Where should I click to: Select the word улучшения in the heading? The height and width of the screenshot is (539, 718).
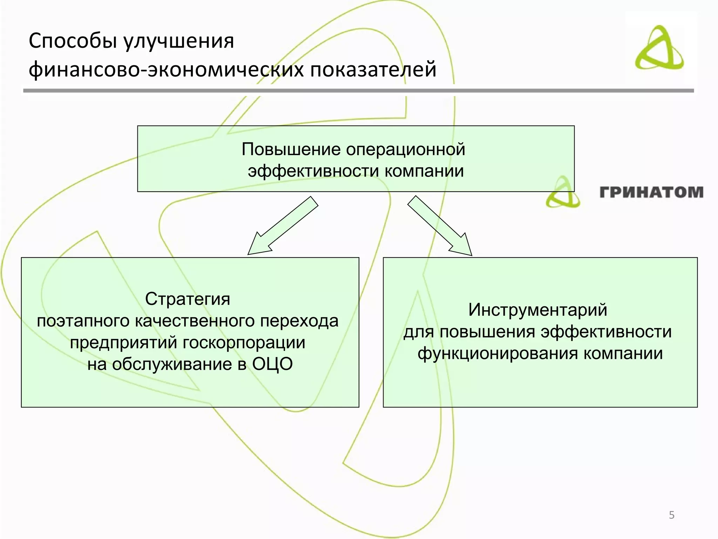click(178, 41)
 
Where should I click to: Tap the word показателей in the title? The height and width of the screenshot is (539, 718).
click(373, 69)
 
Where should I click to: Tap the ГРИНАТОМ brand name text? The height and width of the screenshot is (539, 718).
click(651, 192)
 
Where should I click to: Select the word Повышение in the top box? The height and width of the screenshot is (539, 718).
click(291, 149)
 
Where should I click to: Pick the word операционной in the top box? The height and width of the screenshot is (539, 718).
click(406, 149)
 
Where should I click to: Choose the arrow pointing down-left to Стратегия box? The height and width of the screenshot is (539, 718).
click(282, 226)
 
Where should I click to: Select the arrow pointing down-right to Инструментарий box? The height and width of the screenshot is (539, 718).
click(440, 226)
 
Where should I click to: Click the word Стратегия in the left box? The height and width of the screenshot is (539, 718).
click(188, 299)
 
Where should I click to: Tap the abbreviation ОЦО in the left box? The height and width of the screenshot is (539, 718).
click(272, 364)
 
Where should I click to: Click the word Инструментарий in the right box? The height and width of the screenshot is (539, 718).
click(538, 310)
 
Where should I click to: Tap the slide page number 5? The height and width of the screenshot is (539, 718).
click(671, 515)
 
